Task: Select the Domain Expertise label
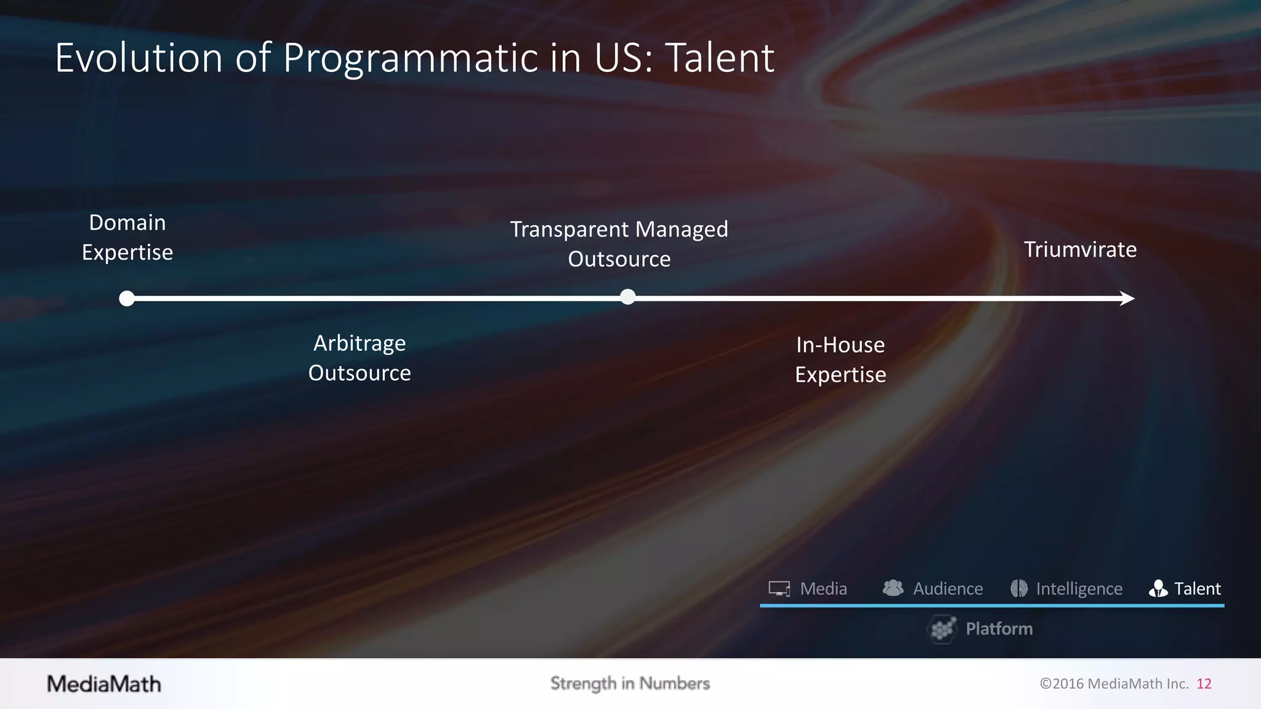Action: (x=127, y=238)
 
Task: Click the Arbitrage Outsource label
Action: (x=360, y=358)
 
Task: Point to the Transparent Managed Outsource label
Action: (x=619, y=244)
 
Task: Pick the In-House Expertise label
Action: (x=840, y=360)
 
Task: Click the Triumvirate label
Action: (x=1080, y=250)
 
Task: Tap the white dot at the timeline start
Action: (x=127, y=298)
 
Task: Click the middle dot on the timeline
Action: (x=627, y=297)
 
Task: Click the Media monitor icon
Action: (x=780, y=589)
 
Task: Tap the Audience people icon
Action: (x=893, y=588)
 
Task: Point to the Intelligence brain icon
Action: (x=1019, y=589)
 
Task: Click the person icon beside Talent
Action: (x=1158, y=589)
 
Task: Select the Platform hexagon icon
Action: (x=942, y=629)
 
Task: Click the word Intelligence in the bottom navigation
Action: (x=1079, y=589)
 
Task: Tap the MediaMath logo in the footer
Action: (x=104, y=684)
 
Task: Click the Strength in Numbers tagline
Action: (x=630, y=684)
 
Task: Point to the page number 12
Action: (x=1204, y=684)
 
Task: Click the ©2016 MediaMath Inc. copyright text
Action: (x=1114, y=684)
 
